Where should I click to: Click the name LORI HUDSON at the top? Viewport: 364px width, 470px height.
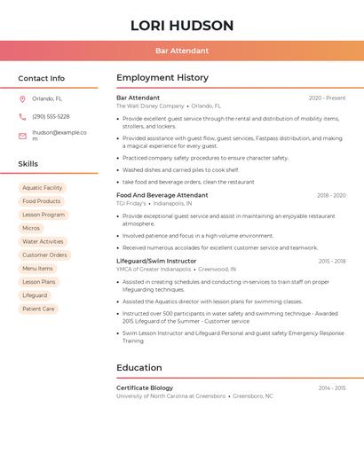click(182, 26)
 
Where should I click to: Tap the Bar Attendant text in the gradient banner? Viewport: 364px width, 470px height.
click(182, 51)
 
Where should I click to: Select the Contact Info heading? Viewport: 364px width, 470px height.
click(41, 78)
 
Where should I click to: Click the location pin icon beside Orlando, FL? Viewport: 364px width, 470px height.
click(22, 99)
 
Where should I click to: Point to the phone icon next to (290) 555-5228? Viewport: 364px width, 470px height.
click(22, 117)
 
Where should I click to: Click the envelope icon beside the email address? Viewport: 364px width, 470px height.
click(22, 136)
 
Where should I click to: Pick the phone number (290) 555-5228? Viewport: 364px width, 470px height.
click(51, 117)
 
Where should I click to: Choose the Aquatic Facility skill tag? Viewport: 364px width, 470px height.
click(43, 188)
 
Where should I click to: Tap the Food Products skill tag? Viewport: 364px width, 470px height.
click(41, 201)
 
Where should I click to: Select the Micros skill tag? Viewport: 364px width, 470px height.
click(31, 228)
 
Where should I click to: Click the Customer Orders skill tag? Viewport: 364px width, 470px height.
click(44, 255)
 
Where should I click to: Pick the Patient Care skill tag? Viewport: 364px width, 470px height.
click(38, 309)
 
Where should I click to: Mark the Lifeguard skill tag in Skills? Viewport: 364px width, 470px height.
click(35, 295)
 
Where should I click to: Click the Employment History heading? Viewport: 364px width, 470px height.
click(162, 78)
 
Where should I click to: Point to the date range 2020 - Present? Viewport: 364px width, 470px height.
click(327, 98)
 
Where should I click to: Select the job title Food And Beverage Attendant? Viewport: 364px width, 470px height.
click(162, 195)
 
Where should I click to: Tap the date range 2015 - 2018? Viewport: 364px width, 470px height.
click(331, 262)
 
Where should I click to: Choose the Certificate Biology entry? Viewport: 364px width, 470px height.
click(145, 388)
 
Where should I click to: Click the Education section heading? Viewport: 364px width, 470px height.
click(139, 367)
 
